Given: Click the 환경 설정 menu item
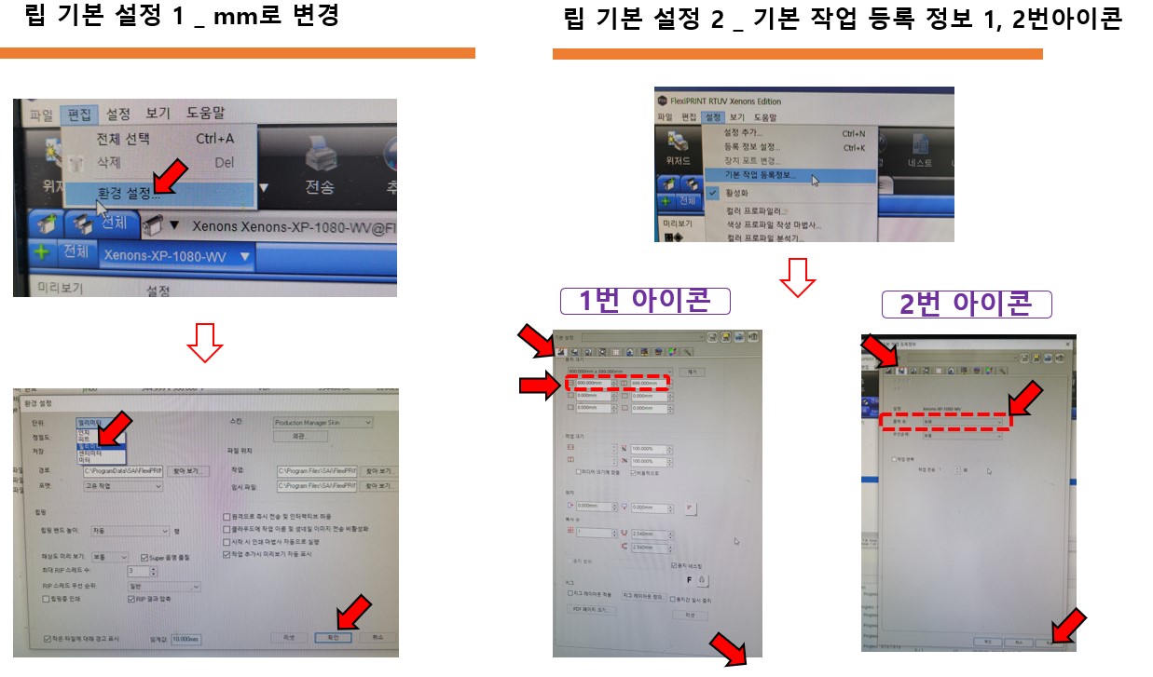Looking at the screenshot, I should [x=130, y=195].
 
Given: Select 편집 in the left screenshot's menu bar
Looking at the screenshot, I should [x=79, y=114].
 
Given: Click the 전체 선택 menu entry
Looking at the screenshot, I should [x=123, y=139].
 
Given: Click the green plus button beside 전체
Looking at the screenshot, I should [x=41, y=252].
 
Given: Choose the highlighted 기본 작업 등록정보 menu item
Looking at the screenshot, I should [x=761, y=175].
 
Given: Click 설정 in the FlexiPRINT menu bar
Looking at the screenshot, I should [x=714, y=117].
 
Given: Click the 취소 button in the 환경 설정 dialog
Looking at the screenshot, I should [x=377, y=638].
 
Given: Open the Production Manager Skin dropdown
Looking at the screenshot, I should [x=322, y=423].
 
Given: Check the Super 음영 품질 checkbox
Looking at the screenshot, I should [x=144, y=557].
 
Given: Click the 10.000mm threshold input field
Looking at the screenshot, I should [x=187, y=639].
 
